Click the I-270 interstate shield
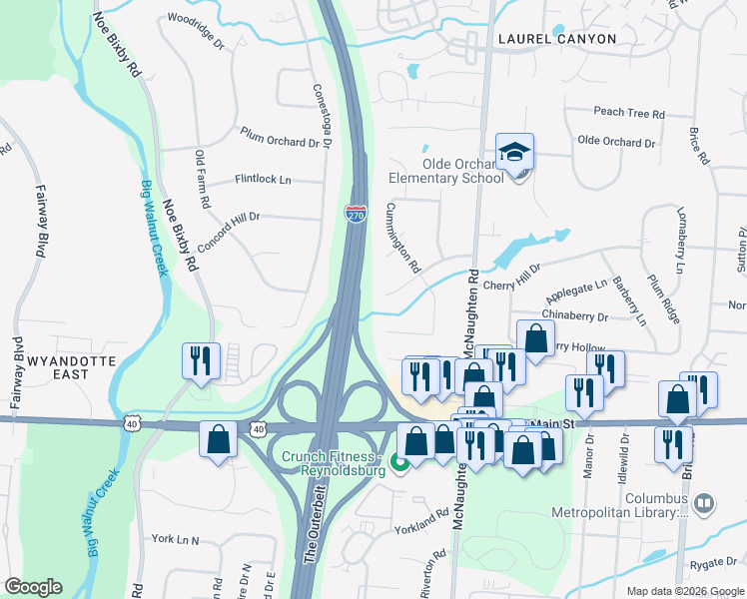(x=356, y=214)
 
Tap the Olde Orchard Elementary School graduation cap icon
(x=514, y=153)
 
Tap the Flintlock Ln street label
(x=263, y=180)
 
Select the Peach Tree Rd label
(x=629, y=114)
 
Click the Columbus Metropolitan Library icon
(x=704, y=502)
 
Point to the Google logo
(x=34, y=587)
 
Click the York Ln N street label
(x=176, y=540)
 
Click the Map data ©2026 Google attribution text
(x=684, y=591)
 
